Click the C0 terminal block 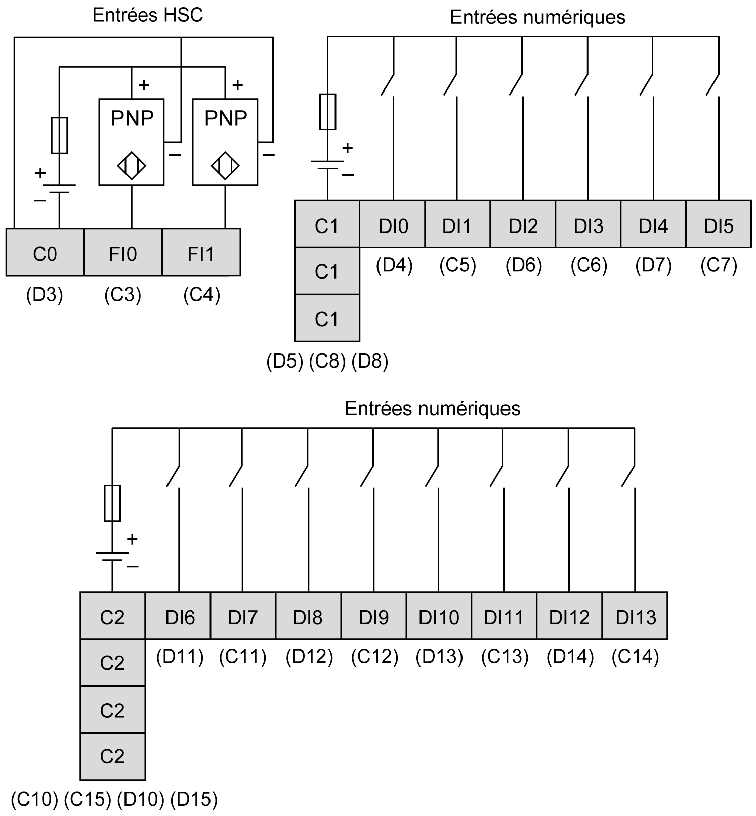[x=45, y=252]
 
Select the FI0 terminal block [x=123, y=252]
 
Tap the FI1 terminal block [x=201, y=252]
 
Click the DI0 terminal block [x=393, y=224]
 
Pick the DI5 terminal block [x=718, y=224]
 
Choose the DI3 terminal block [x=588, y=224]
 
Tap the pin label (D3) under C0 [x=45, y=295]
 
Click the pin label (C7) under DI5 [x=719, y=265]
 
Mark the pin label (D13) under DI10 [x=439, y=657]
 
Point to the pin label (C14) [x=635, y=657]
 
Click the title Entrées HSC [x=148, y=15]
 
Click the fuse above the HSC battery [x=60, y=135]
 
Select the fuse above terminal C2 [x=112, y=503]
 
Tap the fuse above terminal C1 [x=327, y=112]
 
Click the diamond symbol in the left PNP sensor [x=132, y=165]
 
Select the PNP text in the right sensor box [x=226, y=118]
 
